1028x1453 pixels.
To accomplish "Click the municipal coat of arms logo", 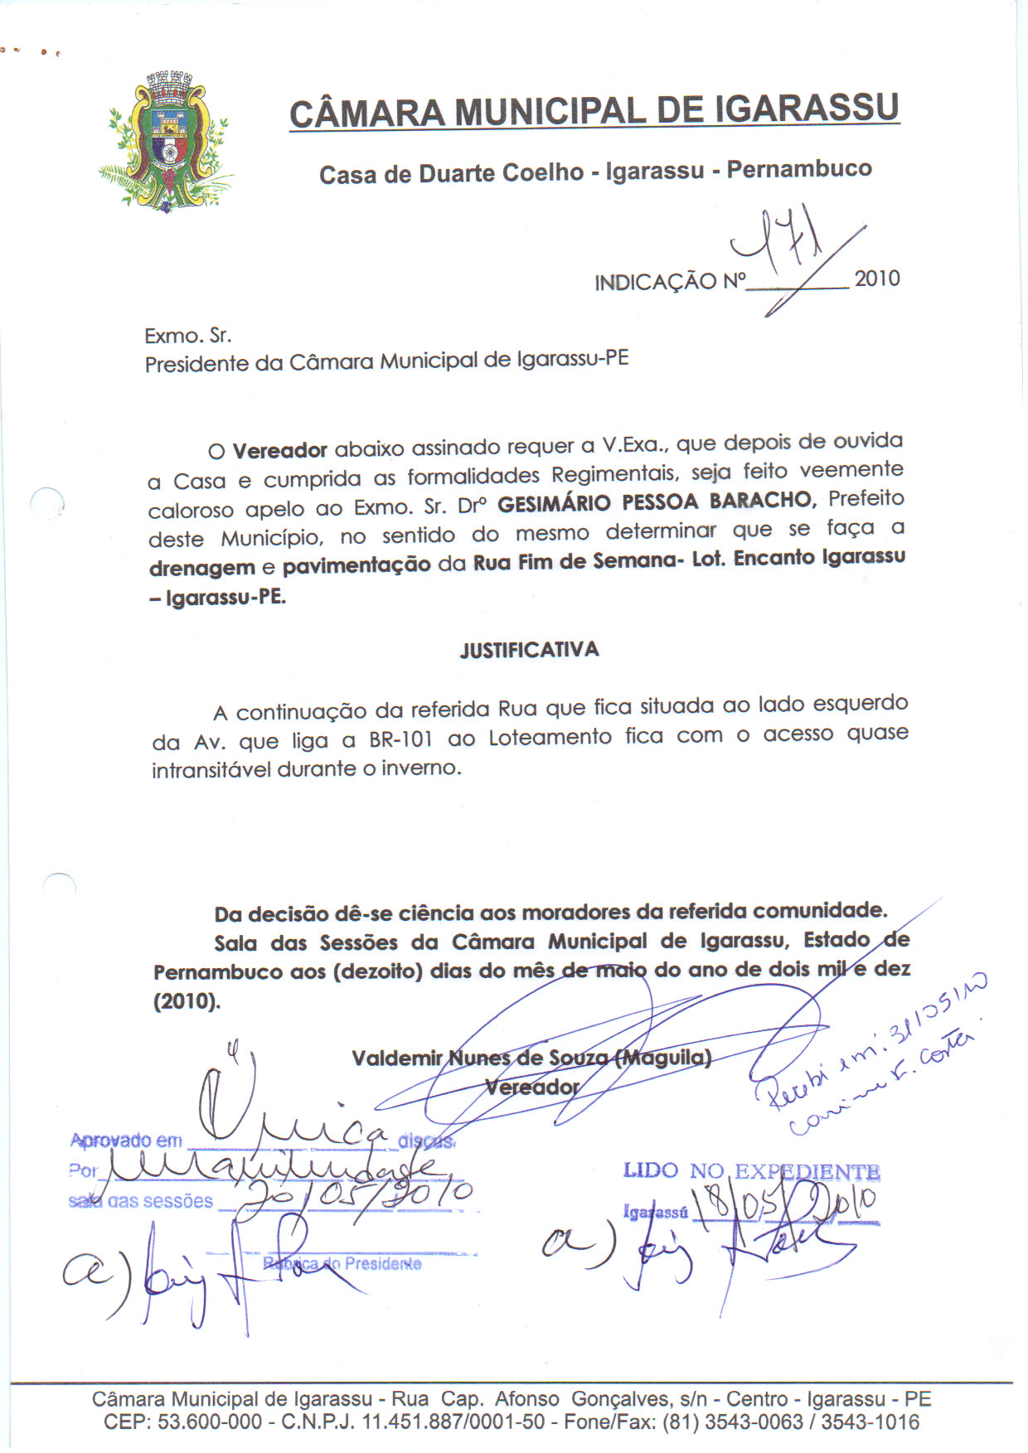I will coord(168,143).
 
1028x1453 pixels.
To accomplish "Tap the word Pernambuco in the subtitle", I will coord(799,169).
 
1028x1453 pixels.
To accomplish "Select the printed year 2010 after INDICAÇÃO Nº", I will coord(877,278).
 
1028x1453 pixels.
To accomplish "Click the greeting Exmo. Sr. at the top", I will coord(187,336).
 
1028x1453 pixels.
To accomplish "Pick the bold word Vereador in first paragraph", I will coord(279,451).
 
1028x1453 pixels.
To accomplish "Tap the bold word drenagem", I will coord(201,569).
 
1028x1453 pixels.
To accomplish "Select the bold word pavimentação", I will coord(356,565).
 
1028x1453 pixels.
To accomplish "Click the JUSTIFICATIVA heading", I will coord(529,650).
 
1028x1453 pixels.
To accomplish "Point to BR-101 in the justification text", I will coord(401,739).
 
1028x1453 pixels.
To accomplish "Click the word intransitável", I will coord(211,770).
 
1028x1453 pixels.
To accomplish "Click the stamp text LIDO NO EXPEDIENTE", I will coord(751,1171).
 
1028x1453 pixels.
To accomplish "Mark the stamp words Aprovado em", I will coord(126,1141).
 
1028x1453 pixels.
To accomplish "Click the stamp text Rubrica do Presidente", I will coord(342,1264).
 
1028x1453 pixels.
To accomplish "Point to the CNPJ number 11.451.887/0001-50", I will coord(453,1422).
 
